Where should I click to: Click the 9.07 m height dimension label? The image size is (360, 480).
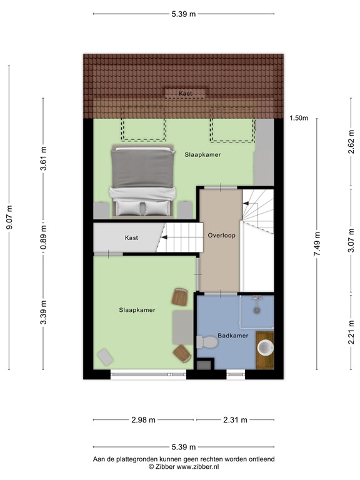click(x=9, y=218)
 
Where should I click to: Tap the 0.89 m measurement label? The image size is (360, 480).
click(x=43, y=238)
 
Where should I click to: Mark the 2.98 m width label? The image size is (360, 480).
click(x=144, y=420)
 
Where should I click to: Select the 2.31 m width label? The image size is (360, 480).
click(x=235, y=420)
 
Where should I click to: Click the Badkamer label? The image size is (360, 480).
click(x=233, y=336)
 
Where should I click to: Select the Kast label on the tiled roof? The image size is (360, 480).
click(x=184, y=93)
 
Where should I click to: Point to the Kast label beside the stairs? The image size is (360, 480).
click(x=131, y=238)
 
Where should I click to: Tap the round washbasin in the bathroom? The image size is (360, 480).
click(x=266, y=347)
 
